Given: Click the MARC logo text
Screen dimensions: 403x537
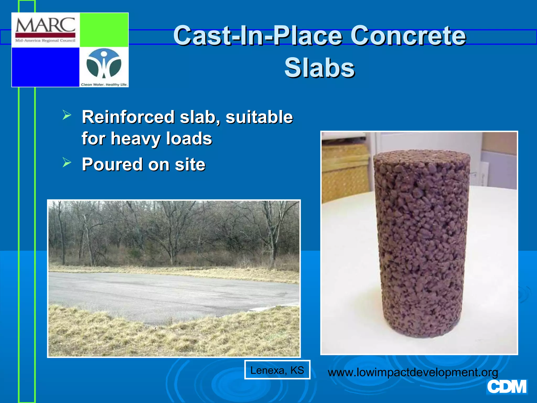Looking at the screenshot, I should tap(45, 25).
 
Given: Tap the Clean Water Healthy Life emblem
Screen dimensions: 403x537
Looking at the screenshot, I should tap(104, 64).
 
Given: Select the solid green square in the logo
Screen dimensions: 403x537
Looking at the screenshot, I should tap(104, 30).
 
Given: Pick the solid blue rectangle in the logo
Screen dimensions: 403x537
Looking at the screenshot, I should tap(45, 67).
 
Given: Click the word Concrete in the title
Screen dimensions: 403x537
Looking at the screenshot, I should tap(408, 35).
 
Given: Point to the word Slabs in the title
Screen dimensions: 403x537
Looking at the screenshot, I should tap(319, 68).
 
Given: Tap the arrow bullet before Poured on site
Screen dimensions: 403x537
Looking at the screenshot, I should tap(67, 162).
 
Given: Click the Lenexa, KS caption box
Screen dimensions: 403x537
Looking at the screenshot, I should tap(277, 370).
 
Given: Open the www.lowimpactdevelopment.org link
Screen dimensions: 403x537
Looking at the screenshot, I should tap(413, 372).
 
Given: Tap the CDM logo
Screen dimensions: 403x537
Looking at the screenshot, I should tap(507, 387).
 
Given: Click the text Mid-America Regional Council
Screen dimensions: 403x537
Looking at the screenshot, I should tap(45, 41).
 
